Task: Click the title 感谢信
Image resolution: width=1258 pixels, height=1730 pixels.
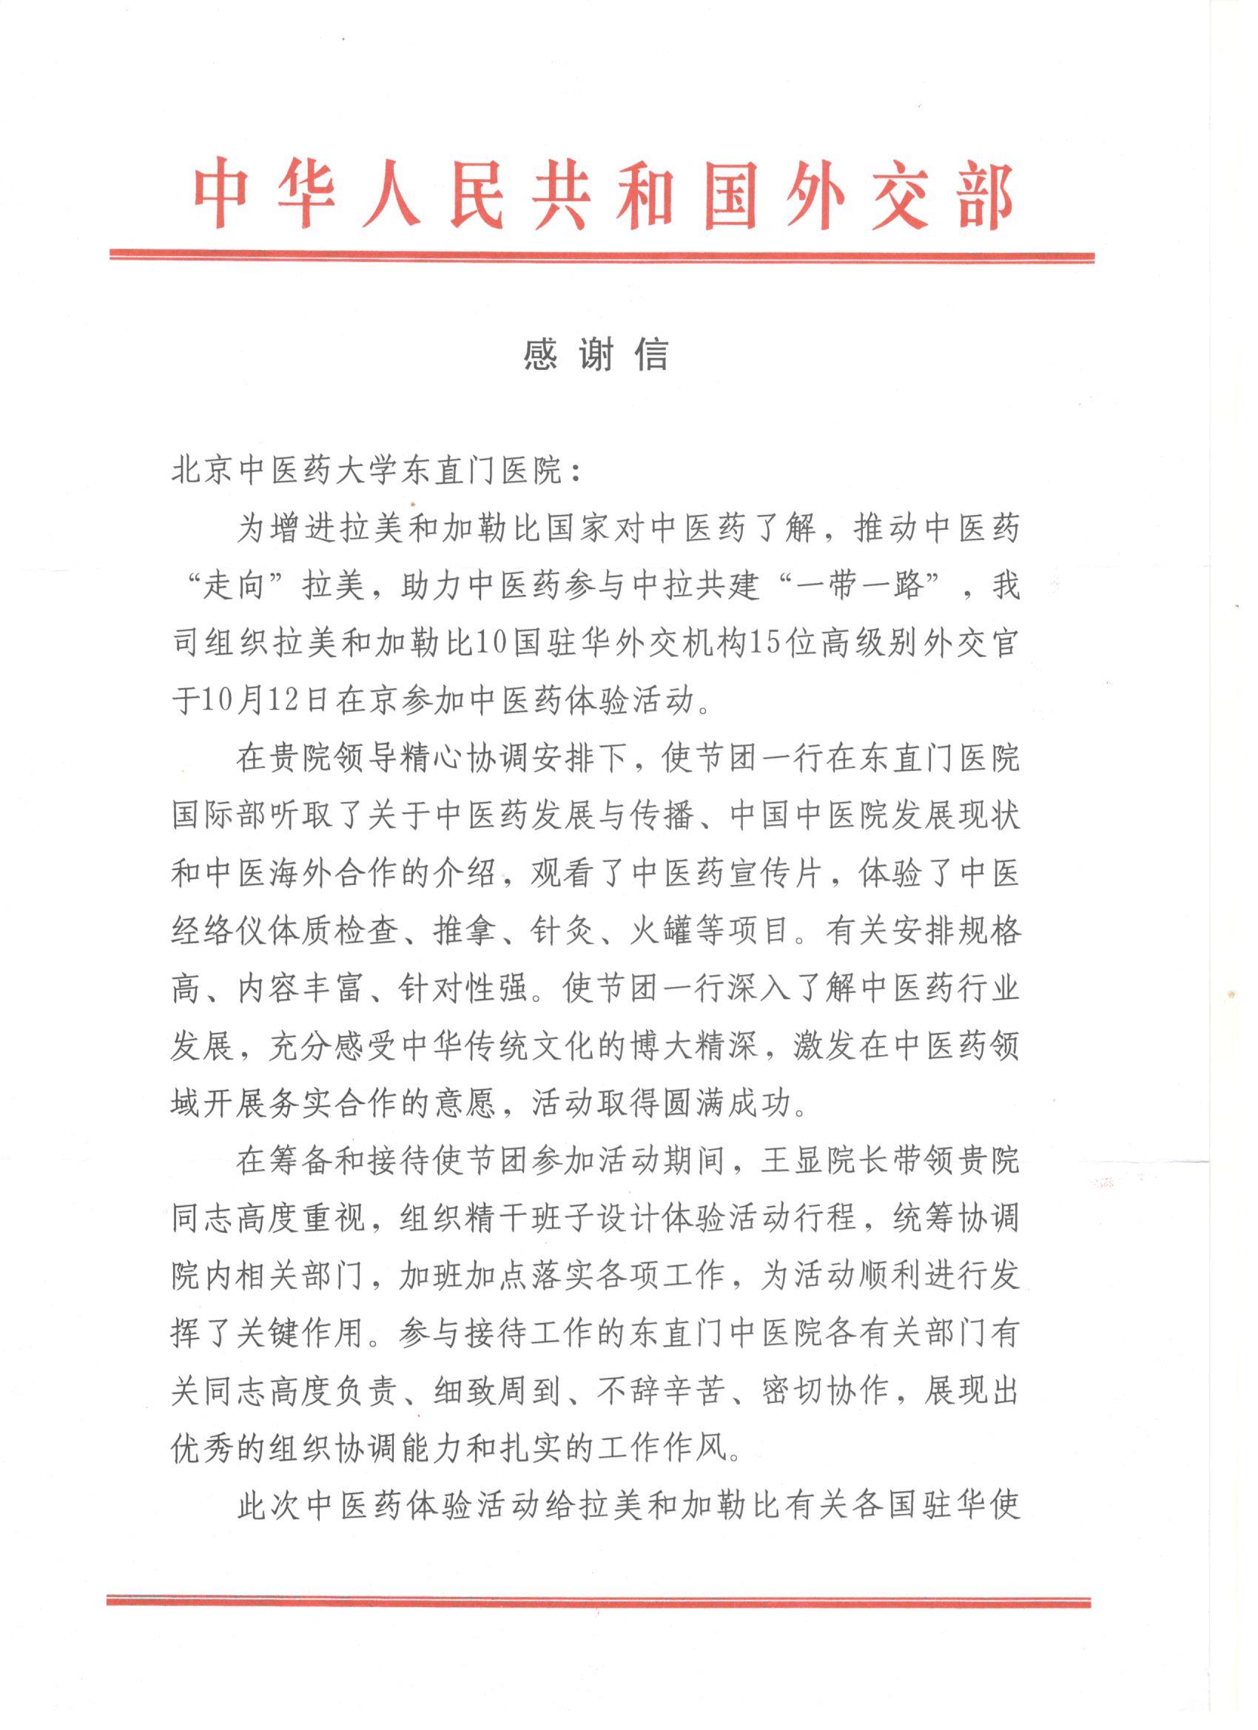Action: [596, 353]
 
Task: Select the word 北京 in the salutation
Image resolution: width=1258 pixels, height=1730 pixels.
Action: [203, 470]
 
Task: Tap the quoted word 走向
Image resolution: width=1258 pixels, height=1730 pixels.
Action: [235, 587]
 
